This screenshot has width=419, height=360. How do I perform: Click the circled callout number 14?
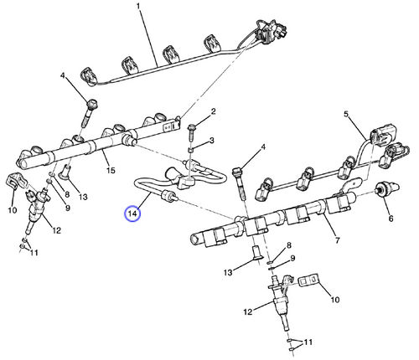coord(132,214)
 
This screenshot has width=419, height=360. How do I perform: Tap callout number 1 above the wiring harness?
coord(139,10)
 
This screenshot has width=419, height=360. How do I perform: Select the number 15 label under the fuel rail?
coord(108,172)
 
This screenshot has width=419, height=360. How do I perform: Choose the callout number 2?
coord(214,111)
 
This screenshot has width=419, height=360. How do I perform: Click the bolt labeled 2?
coord(194,128)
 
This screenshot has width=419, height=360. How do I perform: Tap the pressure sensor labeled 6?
coord(387,188)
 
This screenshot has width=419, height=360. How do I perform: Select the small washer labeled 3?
coord(191,148)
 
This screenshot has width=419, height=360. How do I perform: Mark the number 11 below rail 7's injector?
coord(308,343)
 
